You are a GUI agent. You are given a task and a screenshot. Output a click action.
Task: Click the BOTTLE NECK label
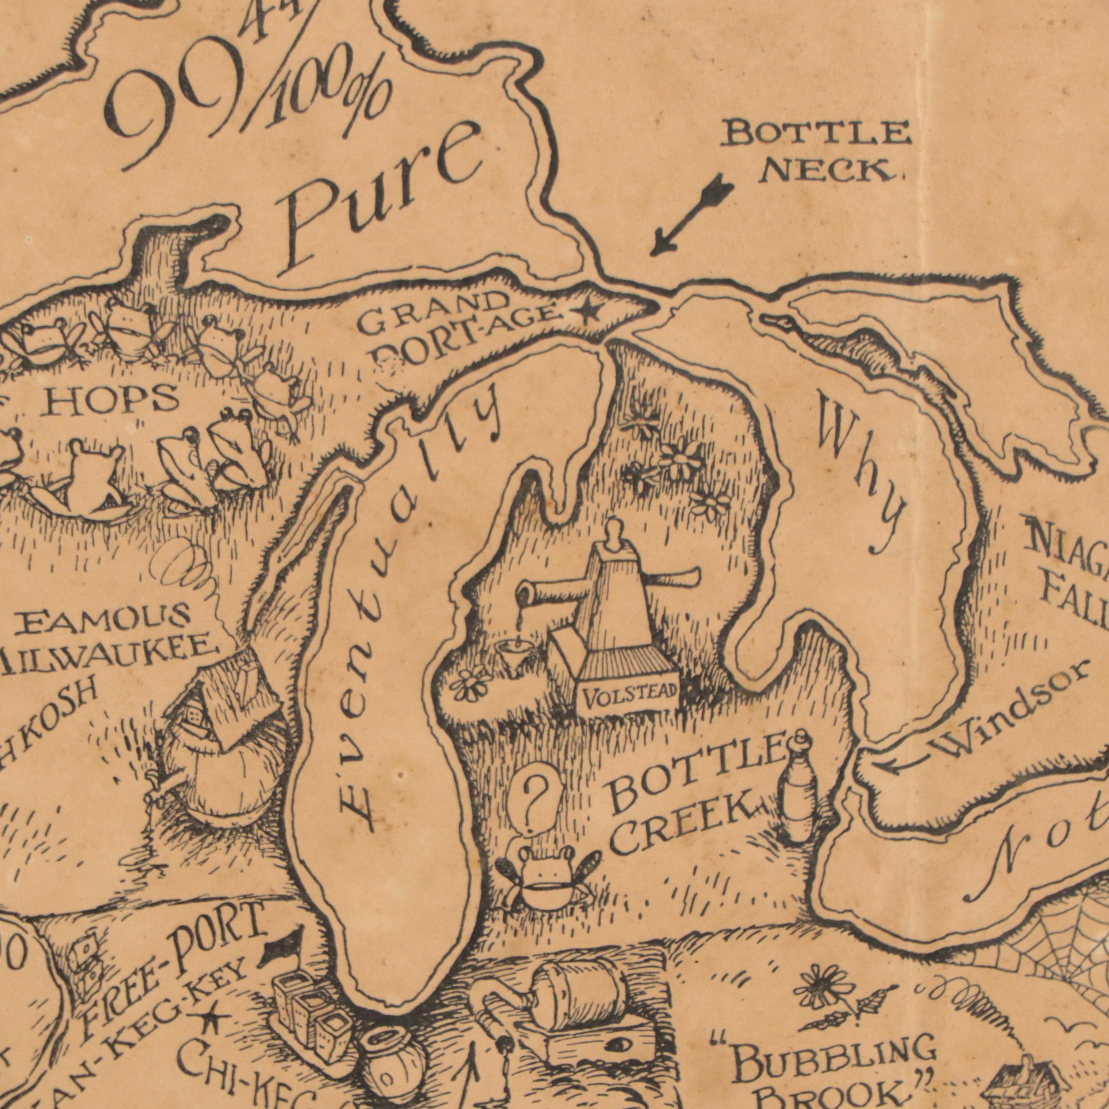(815, 150)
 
